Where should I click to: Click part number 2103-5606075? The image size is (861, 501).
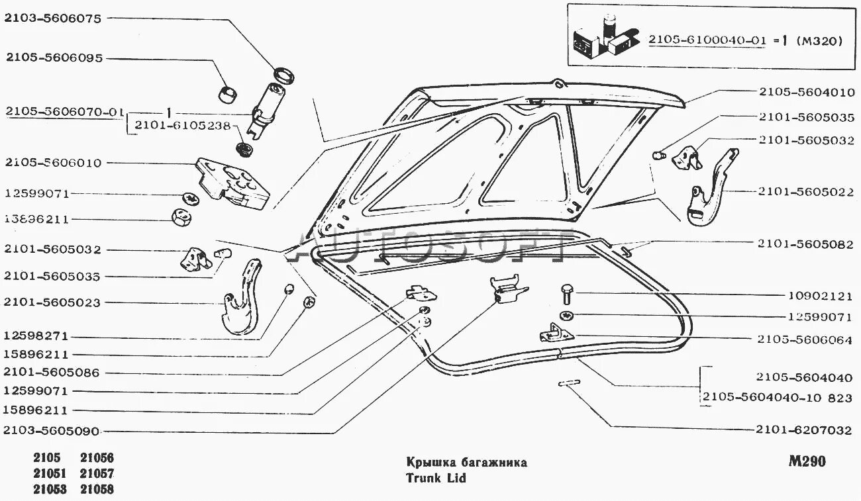[x=53, y=19]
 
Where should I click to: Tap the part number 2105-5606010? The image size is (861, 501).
[x=53, y=163]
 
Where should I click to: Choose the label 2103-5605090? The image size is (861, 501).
[x=52, y=432]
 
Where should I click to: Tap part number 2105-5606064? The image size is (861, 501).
[x=803, y=339]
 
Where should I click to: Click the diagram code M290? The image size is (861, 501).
[x=806, y=461]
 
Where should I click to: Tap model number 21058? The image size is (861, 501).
[x=97, y=490]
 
